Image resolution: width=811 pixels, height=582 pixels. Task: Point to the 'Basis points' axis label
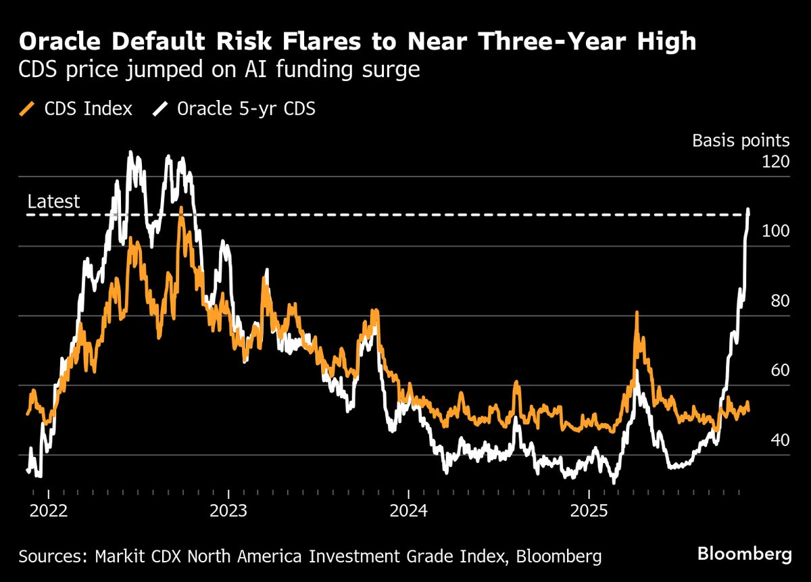pyautogui.click(x=740, y=141)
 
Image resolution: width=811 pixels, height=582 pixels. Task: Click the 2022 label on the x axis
pyautogui.click(x=49, y=510)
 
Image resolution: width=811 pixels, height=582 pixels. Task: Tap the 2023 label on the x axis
pyautogui.click(x=229, y=510)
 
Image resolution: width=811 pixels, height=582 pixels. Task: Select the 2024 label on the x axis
pyautogui.click(x=409, y=510)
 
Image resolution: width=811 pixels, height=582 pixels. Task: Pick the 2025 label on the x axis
pyautogui.click(x=589, y=510)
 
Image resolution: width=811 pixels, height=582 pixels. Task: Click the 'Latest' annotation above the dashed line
pyautogui.click(x=53, y=201)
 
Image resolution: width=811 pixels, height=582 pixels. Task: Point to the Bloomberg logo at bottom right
pyautogui.click(x=744, y=555)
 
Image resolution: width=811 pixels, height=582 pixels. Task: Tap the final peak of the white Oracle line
pyautogui.click(x=748, y=210)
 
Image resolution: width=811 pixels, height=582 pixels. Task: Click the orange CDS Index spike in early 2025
pyautogui.click(x=637, y=314)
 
